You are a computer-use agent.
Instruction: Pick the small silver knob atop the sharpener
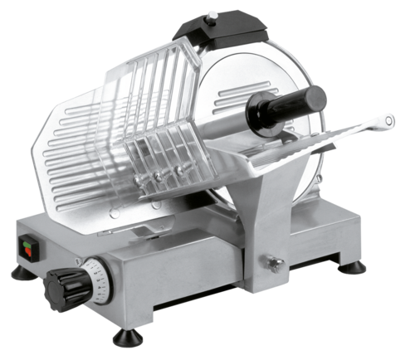(x=214, y=14)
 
